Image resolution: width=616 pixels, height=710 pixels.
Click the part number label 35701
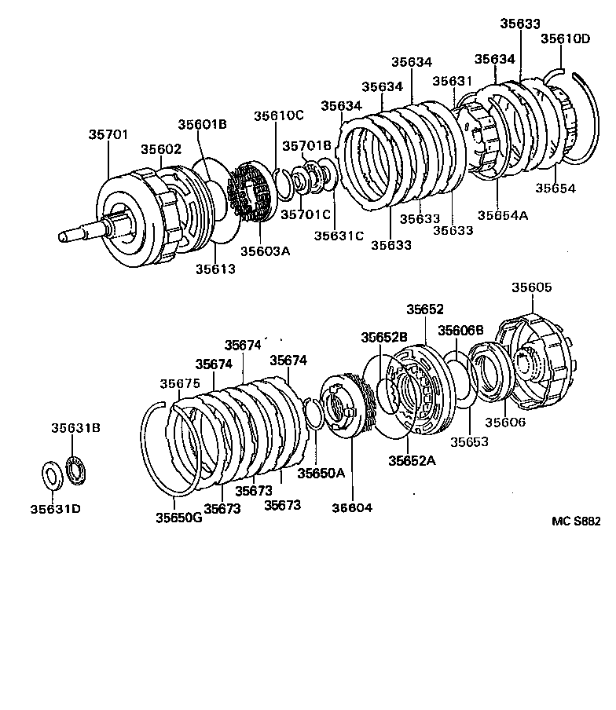(107, 135)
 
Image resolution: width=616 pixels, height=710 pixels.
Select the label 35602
(161, 149)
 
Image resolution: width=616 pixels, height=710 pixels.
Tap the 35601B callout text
(202, 124)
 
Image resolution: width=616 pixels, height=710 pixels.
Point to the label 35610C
(278, 115)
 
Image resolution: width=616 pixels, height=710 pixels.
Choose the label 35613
(215, 269)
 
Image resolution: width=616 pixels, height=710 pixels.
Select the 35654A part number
(503, 215)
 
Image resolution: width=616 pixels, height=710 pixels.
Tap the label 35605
(532, 287)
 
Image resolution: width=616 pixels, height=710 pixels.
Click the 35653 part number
(469, 441)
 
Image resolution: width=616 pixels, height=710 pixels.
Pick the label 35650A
(321, 473)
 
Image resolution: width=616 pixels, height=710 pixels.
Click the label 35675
(180, 383)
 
